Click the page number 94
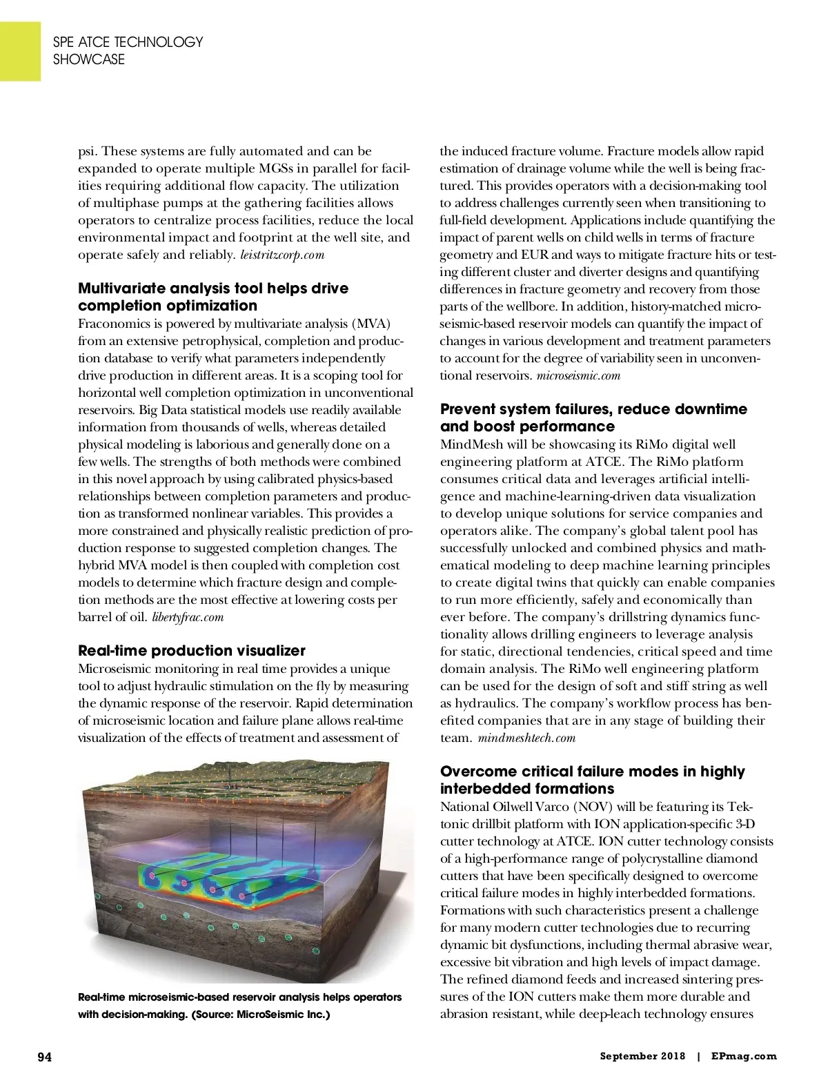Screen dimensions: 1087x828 (x=44, y=1057)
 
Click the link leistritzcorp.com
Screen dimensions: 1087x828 (x=282, y=255)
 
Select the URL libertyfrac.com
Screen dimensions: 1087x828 (x=188, y=617)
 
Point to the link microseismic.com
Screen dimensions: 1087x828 (x=578, y=375)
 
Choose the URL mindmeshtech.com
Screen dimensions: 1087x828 (x=526, y=738)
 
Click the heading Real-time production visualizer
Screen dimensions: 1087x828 (x=191, y=650)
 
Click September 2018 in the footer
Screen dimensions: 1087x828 (x=642, y=1056)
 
